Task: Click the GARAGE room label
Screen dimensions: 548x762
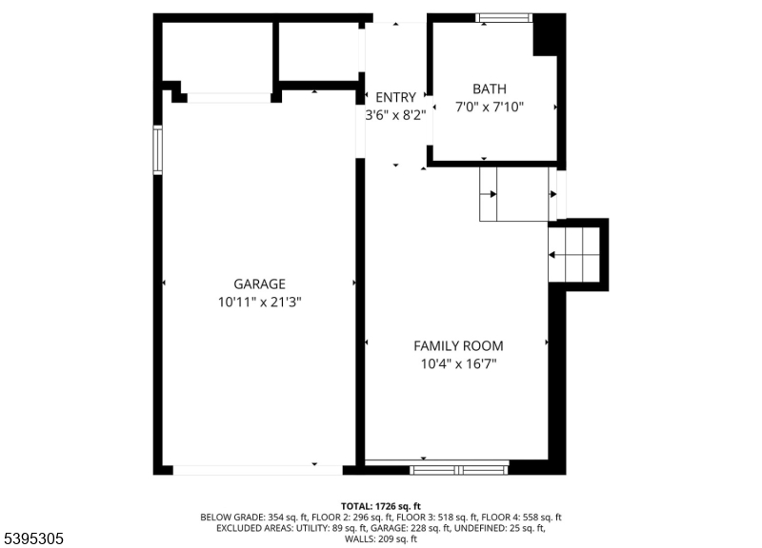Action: click(x=259, y=284)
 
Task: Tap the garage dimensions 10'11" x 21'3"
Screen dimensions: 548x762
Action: click(x=259, y=302)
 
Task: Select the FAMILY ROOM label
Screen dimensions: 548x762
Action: click(x=457, y=345)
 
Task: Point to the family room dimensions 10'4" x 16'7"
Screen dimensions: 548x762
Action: click(x=457, y=363)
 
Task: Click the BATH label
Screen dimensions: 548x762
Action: click(x=490, y=89)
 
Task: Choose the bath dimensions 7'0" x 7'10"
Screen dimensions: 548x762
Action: click(x=490, y=108)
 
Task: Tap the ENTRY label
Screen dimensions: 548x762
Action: click(x=395, y=97)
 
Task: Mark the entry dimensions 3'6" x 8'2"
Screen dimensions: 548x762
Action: click(x=395, y=114)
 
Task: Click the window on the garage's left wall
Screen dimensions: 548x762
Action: click(x=158, y=150)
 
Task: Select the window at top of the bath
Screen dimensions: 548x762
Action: click(x=504, y=17)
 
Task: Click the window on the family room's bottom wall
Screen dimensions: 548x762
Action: click(x=459, y=468)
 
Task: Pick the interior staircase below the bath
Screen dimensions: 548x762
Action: click(x=513, y=194)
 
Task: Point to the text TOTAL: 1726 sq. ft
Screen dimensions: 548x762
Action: click(x=380, y=506)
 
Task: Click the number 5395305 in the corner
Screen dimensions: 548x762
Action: click(x=33, y=538)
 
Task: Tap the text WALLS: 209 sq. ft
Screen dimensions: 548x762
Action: click(x=380, y=539)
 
